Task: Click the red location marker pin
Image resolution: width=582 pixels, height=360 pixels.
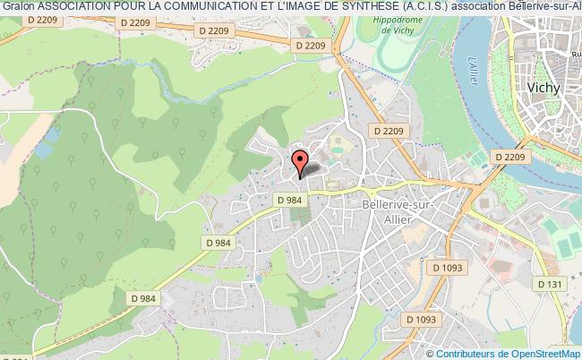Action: pos(302,162)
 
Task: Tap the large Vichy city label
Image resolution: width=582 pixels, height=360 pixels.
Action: pos(546,89)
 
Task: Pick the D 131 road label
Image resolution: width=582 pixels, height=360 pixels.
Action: pos(549,283)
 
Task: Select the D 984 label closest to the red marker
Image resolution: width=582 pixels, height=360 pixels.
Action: pos(288,201)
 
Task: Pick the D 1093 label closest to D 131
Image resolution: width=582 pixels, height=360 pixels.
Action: pos(447,267)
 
